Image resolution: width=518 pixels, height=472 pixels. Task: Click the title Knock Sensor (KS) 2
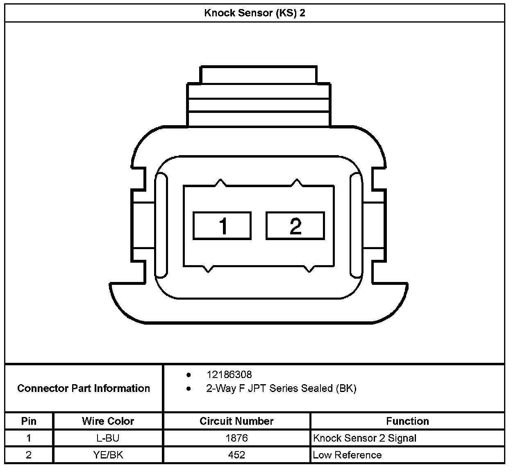254,13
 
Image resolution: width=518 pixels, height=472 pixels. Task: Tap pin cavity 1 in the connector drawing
222,226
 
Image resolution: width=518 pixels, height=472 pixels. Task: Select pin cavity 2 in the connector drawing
295,226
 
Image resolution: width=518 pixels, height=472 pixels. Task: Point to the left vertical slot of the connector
161,225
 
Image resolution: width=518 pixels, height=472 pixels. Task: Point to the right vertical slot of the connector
356,225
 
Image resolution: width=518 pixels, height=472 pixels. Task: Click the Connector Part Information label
84,388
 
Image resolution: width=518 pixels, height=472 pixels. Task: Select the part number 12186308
229,375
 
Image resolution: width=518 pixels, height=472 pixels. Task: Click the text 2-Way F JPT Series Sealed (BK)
281,388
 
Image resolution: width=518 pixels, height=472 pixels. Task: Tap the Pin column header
29,421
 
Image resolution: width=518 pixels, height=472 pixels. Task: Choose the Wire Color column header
108,421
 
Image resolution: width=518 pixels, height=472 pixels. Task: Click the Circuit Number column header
236,421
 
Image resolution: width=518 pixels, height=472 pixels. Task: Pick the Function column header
407,421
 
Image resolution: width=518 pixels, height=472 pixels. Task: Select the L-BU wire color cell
108,438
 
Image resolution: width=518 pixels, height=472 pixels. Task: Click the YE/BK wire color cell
108,455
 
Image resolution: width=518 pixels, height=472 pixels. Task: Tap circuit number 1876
236,438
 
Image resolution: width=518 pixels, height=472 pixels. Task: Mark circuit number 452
236,455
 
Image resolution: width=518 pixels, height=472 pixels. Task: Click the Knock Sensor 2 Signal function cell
364,438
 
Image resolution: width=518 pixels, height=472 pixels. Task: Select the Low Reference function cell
347,455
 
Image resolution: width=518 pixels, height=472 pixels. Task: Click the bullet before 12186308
189,375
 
